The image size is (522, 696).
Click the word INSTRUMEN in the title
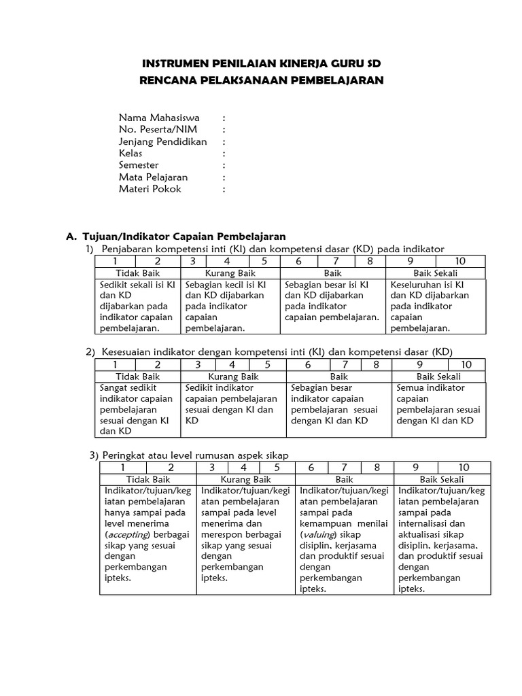click(x=175, y=64)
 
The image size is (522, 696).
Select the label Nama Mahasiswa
click(x=159, y=118)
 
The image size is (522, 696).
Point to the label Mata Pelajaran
click(x=153, y=177)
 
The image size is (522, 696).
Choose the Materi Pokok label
click(x=150, y=189)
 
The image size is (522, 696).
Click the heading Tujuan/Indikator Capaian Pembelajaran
click(x=184, y=237)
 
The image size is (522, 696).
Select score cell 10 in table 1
click(x=460, y=261)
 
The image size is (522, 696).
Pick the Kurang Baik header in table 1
click(x=231, y=273)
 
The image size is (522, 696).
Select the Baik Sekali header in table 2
click(x=438, y=376)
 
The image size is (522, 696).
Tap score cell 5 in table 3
click(x=277, y=468)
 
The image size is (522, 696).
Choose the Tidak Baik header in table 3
click(x=147, y=479)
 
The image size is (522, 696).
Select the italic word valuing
click(x=319, y=534)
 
